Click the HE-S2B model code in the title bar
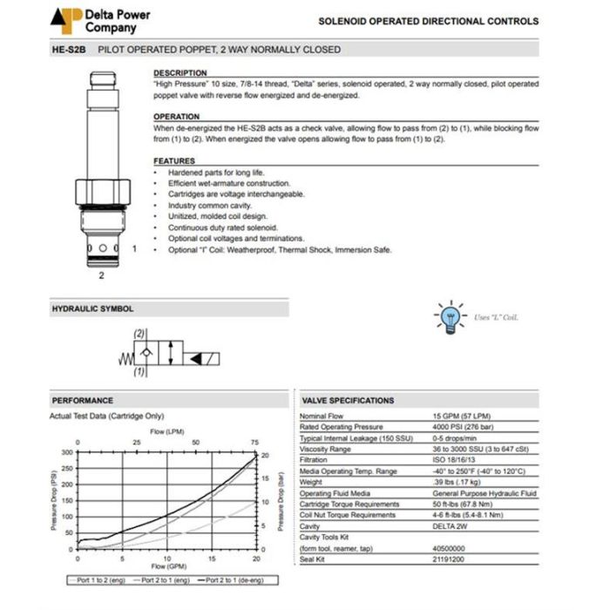pos(70,50)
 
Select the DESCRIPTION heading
pos(180,73)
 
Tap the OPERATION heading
pos(177,117)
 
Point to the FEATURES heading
pos(174,161)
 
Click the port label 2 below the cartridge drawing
pos(101,275)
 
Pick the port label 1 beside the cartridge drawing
pos(134,248)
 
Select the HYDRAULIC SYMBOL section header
pos(93,308)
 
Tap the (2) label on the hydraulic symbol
pos(139,334)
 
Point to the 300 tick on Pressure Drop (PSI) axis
pos(67,452)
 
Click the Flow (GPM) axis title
pos(167,566)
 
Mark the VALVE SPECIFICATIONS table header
pos(348,400)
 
